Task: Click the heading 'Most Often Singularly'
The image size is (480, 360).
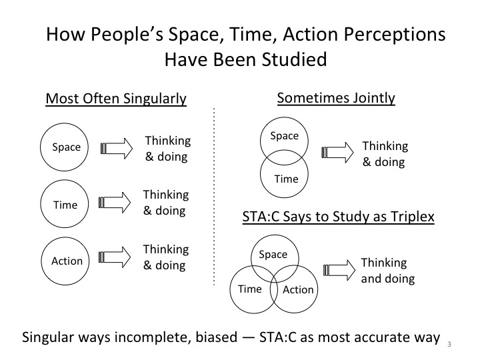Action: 116,99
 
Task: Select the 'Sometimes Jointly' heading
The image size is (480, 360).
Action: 336,98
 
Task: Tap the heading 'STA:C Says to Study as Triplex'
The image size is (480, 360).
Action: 337,217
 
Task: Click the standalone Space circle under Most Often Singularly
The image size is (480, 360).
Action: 66,147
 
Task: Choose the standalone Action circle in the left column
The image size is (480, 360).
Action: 67,261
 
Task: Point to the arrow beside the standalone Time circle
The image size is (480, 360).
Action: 117,203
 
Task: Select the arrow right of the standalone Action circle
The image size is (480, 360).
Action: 117,257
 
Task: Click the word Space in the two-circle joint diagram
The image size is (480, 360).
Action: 284,136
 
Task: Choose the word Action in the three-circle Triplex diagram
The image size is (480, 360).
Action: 297,289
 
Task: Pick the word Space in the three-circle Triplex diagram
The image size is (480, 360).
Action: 273,254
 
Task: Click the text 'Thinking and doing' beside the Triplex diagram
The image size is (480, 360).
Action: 387,270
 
